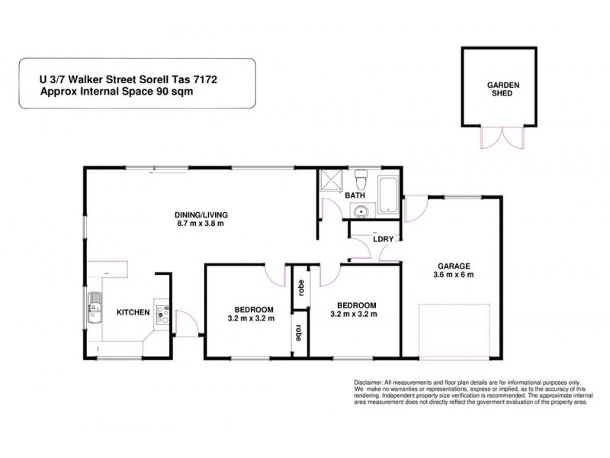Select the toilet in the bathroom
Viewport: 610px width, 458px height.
point(361,181)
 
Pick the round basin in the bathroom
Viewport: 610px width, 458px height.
point(362,211)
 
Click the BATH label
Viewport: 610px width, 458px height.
point(356,196)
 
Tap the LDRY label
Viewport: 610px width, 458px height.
point(383,239)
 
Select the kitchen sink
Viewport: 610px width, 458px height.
point(95,311)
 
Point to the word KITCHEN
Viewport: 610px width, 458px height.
point(132,312)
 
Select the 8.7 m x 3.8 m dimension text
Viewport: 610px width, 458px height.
point(201,225)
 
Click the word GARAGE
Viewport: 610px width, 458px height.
point(453,265)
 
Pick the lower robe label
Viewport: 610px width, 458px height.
point(300,334)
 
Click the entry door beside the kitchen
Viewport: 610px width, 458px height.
point(187,324)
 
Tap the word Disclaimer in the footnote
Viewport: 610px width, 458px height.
point(371,381)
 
